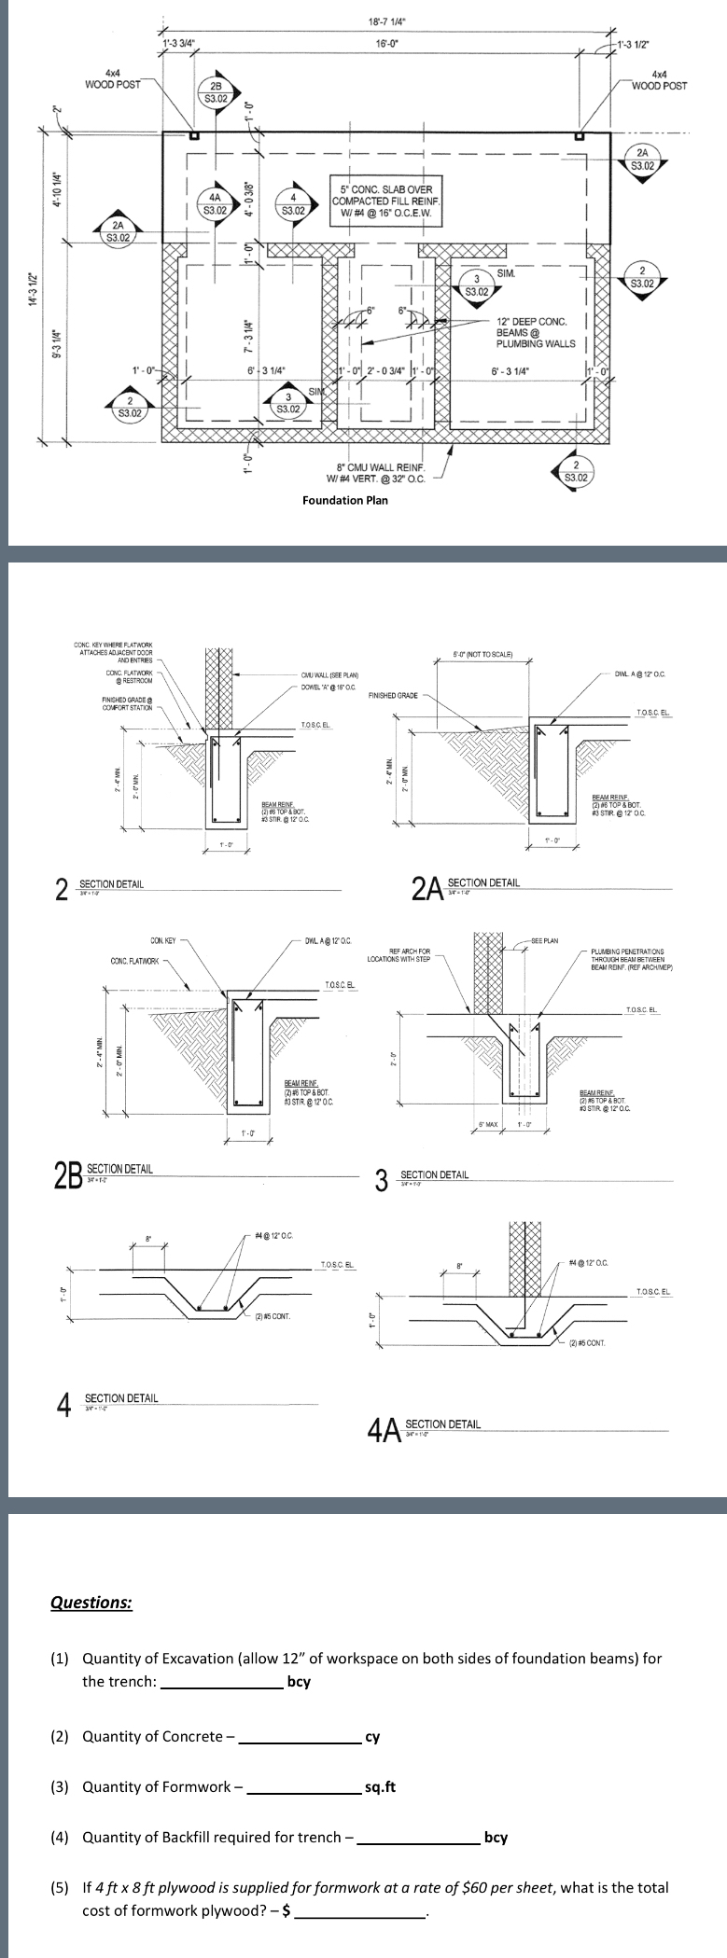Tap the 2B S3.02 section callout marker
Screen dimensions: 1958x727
click(215, 91)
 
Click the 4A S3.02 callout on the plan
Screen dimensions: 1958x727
click(215, 203)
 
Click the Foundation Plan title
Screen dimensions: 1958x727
click(345, 500)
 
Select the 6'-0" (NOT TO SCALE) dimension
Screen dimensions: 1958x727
click(482, 653)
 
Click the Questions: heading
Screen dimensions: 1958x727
click(91, 1603)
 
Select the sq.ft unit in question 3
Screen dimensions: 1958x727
click(380, 1786)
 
